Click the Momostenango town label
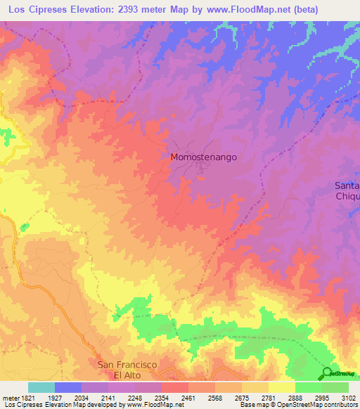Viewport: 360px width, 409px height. click(x=204, y=157)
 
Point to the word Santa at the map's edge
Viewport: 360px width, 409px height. click(x=347, y=186)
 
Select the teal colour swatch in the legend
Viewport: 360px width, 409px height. click(x=41, y=387)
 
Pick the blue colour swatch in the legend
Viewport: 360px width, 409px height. click(x=67, y=387)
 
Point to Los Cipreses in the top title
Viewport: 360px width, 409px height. click(x=34, y=10)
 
